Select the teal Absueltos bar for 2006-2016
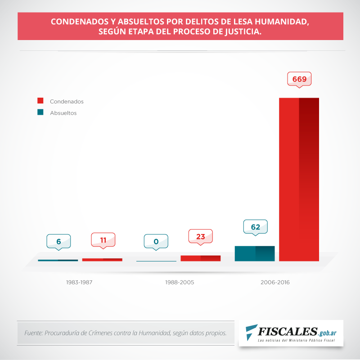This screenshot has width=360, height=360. [x=255, y=253]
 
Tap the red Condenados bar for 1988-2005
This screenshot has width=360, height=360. [x=200, y=258]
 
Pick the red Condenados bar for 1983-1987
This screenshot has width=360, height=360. [x=102, y=260]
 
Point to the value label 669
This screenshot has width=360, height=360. [x=299, y=79]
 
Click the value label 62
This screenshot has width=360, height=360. [x=255, y=227]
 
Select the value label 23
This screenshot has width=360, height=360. [x=200, y=236]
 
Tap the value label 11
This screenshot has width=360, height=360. [x=103, y=240]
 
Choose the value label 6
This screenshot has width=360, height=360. [x=58, y=242]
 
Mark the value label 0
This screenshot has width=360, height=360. [x=156, y=242]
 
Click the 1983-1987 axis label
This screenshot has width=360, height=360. [x=79, y=283]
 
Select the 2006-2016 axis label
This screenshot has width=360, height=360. [x=275, y=283]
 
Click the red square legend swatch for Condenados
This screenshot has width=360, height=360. [x=40, y=101]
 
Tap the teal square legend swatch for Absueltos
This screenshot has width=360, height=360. [x=40, y=112]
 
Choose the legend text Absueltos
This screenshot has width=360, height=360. [x=63, y=113]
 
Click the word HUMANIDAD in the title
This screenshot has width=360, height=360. [x=281, y=22]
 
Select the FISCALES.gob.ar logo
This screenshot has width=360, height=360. [x=290, y=333]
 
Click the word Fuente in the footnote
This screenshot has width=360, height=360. [x=33, y=333]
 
